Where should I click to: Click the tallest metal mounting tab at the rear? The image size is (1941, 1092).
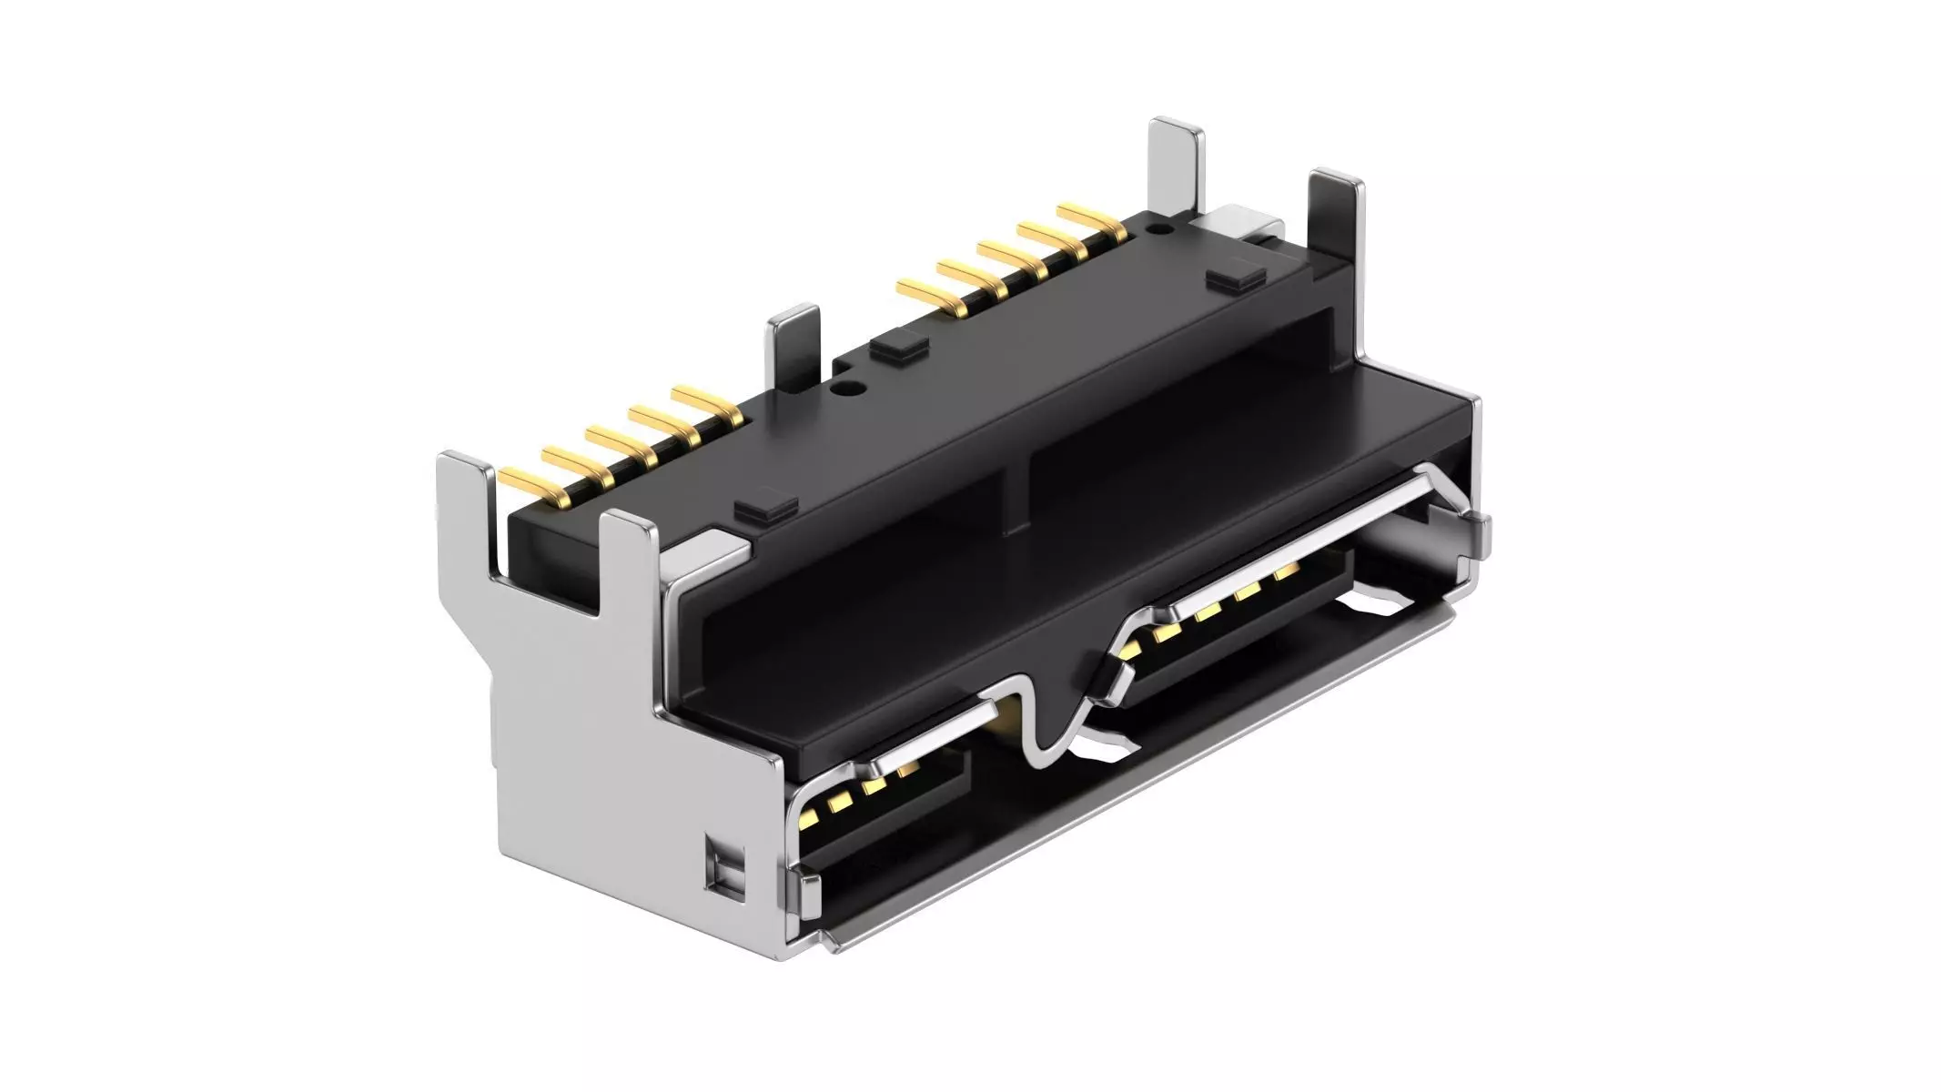point(1176,173)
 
